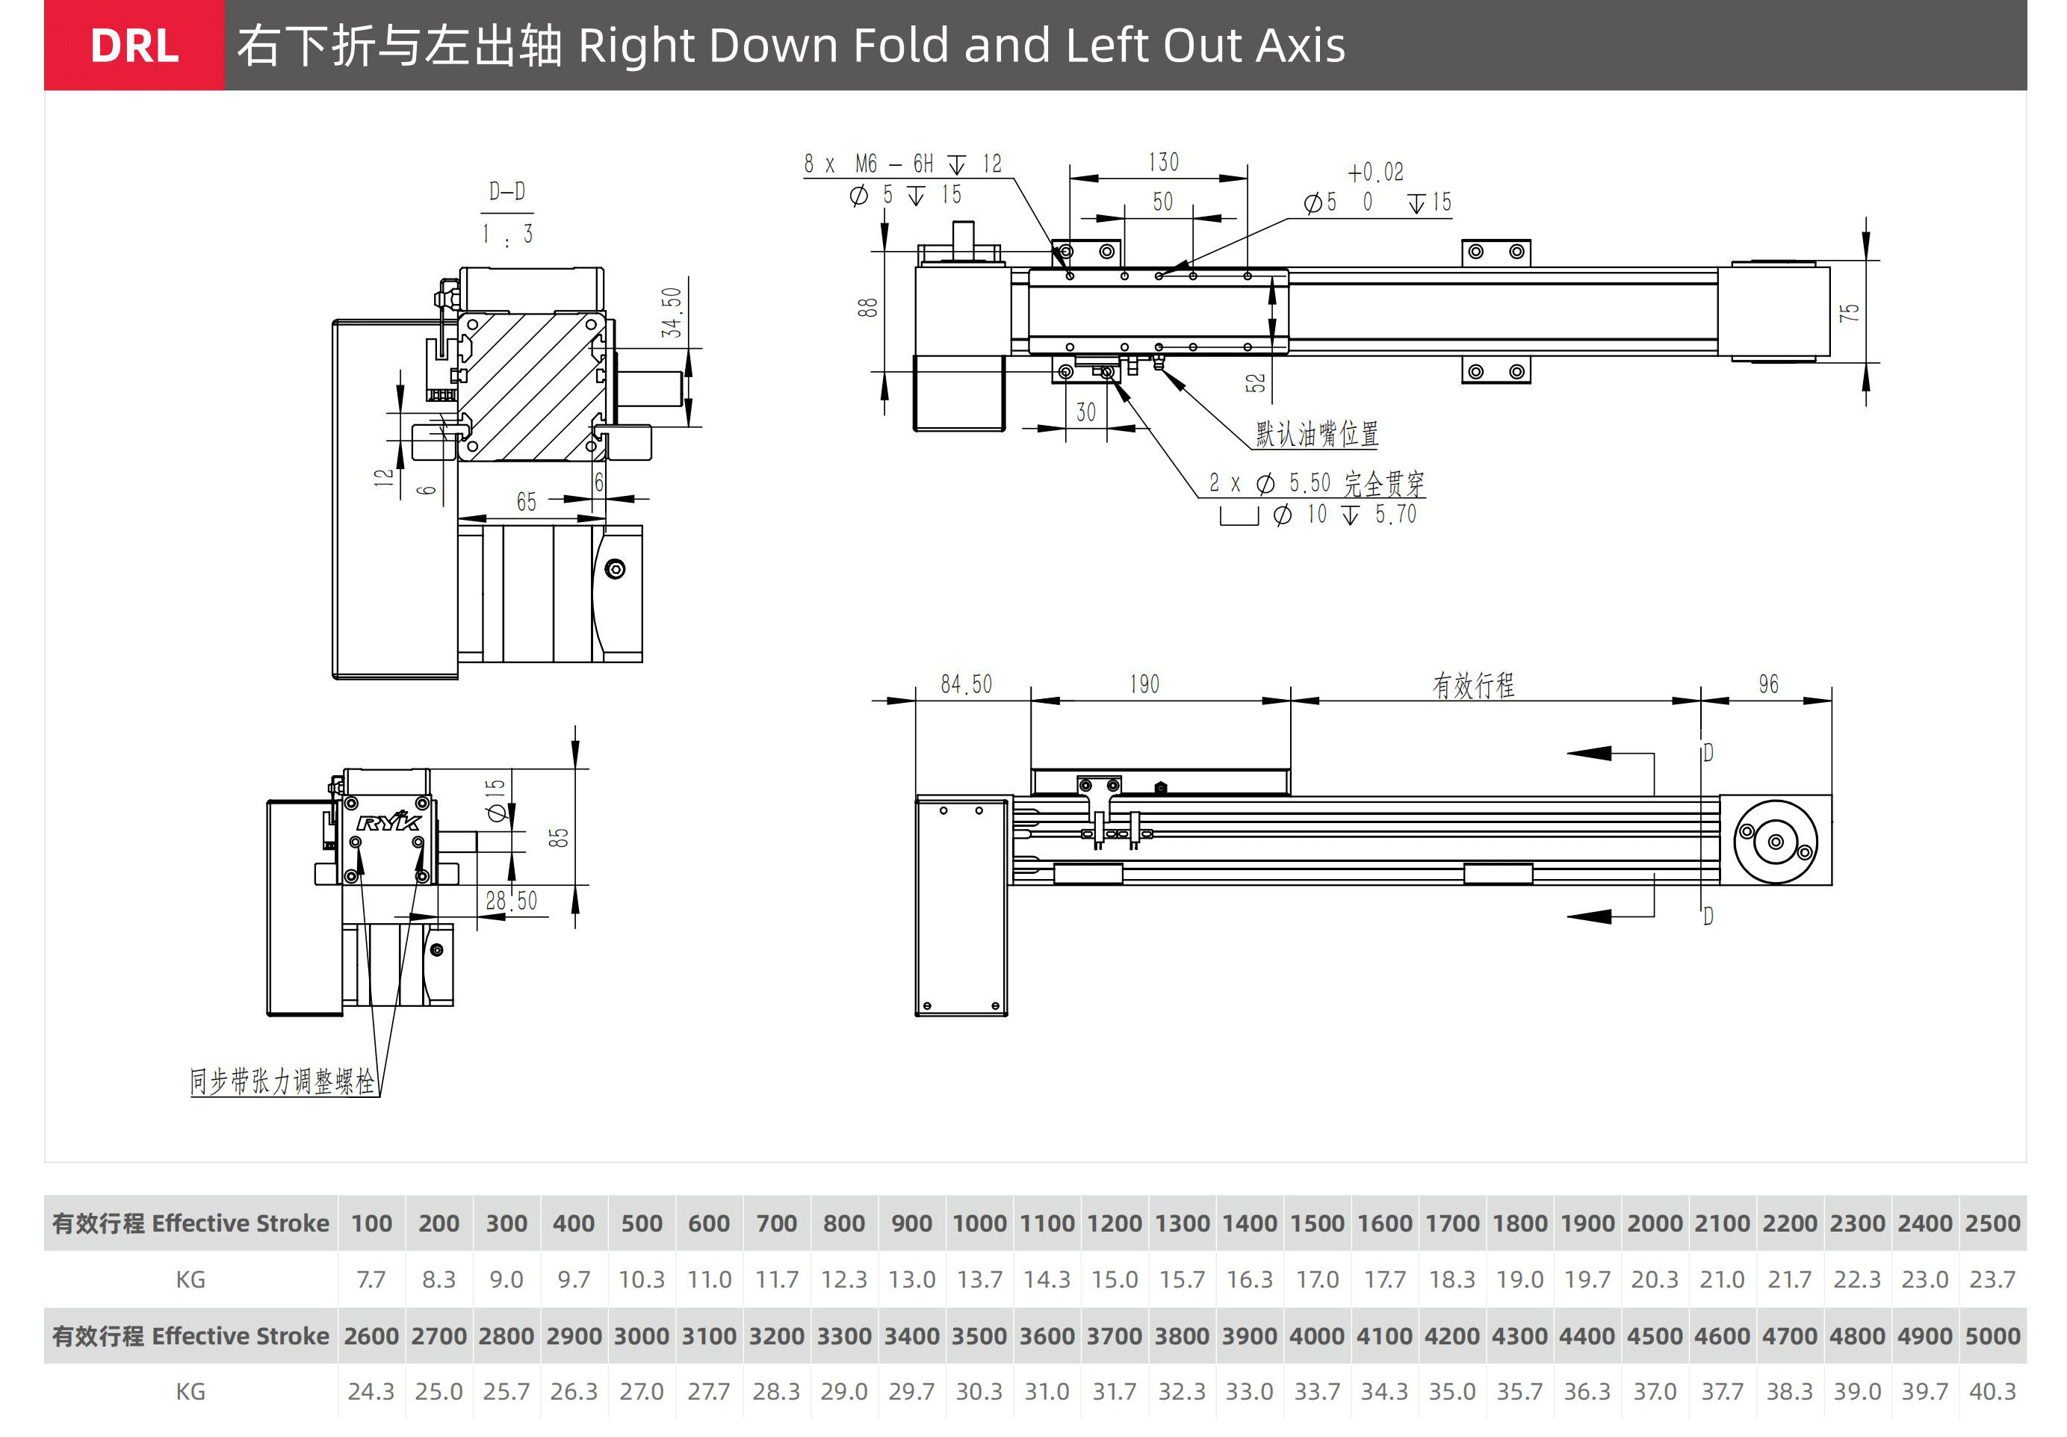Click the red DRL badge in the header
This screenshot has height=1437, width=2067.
tap(134, 45)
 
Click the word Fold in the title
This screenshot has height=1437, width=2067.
tap(900, 45)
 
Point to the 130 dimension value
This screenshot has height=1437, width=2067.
tap(1163, 162)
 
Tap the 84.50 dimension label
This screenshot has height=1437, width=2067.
tap(966, 684)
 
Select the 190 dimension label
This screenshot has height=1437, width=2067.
tap(1144, 684)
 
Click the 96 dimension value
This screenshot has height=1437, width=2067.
tap(1768, 684)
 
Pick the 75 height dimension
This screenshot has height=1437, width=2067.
tap(1848, 312)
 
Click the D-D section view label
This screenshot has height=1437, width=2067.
tap(506, 191)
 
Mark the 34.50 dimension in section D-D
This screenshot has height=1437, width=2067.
tap(672, 312)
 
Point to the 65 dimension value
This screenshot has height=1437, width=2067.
tap(526, 501)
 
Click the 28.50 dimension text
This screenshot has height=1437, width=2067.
tap(510, 901)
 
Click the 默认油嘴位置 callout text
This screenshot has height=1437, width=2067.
tap(1316, 434)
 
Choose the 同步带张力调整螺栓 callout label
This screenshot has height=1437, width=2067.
tap(282, 1081)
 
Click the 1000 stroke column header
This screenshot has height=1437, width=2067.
tap(979, 1223)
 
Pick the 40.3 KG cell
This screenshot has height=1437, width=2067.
tap(1992, 1391)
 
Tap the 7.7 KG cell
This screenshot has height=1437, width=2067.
tap(371, 1279)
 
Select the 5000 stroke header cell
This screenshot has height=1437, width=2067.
tap(1992, 1335)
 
